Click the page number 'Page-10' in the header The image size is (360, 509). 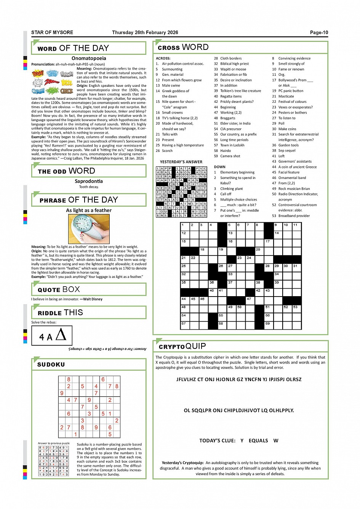tap(319, 32)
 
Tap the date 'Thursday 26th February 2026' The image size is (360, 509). tap(145, 32)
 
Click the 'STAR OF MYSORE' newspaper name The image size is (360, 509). tap(52, 32)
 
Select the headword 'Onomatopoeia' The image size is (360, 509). tap(89, 58)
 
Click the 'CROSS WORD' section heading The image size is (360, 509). tap(183, 47)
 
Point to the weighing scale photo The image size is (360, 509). tap(89, 229)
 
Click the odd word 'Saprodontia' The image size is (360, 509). tap(89, 181)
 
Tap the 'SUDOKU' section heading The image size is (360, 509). tap(51, 364)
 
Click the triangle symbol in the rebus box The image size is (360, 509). tap(61, 335)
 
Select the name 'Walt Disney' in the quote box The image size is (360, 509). tap(93, 299)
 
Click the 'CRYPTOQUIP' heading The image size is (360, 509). tap(182, 346)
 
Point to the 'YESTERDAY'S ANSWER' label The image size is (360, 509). tap(181, 162)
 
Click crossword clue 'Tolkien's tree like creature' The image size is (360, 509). tap(240, 91)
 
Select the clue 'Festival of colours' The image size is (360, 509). tap(292, 102)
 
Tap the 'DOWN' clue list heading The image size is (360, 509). tap(219, 167)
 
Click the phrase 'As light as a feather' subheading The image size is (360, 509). tap(89, 210)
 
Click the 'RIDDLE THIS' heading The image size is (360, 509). tap(60, 313)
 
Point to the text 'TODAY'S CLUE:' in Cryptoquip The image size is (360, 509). tap(217, 440)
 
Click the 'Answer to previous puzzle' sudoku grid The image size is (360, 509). tap(53, 461)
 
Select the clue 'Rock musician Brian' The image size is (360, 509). tap(294, 188)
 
